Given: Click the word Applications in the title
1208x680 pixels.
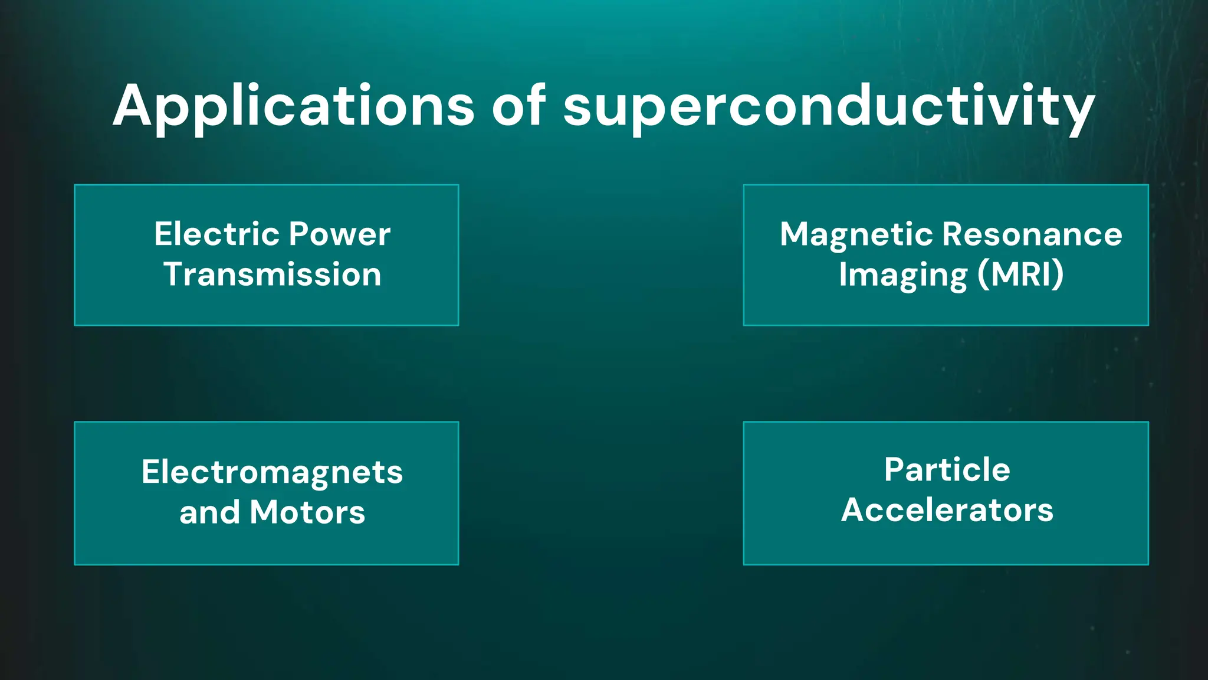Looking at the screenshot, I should [293, 106].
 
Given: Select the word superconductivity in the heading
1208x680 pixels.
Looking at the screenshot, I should [829, 107].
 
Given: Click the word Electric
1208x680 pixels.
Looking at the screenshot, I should [216, 234].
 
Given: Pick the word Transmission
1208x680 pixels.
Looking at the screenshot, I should [273, 274].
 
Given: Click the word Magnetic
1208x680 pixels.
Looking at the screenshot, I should [857, 235].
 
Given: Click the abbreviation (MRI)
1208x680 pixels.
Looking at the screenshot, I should [1020, 274].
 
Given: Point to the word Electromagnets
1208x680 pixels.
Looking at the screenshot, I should [272, 472].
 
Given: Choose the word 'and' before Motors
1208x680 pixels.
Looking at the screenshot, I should [209, 512].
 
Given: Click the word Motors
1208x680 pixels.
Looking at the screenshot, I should [307, 512].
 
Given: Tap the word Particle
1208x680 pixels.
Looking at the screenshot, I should [947, 470].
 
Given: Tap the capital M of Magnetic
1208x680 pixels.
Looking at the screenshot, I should [795, 234].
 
